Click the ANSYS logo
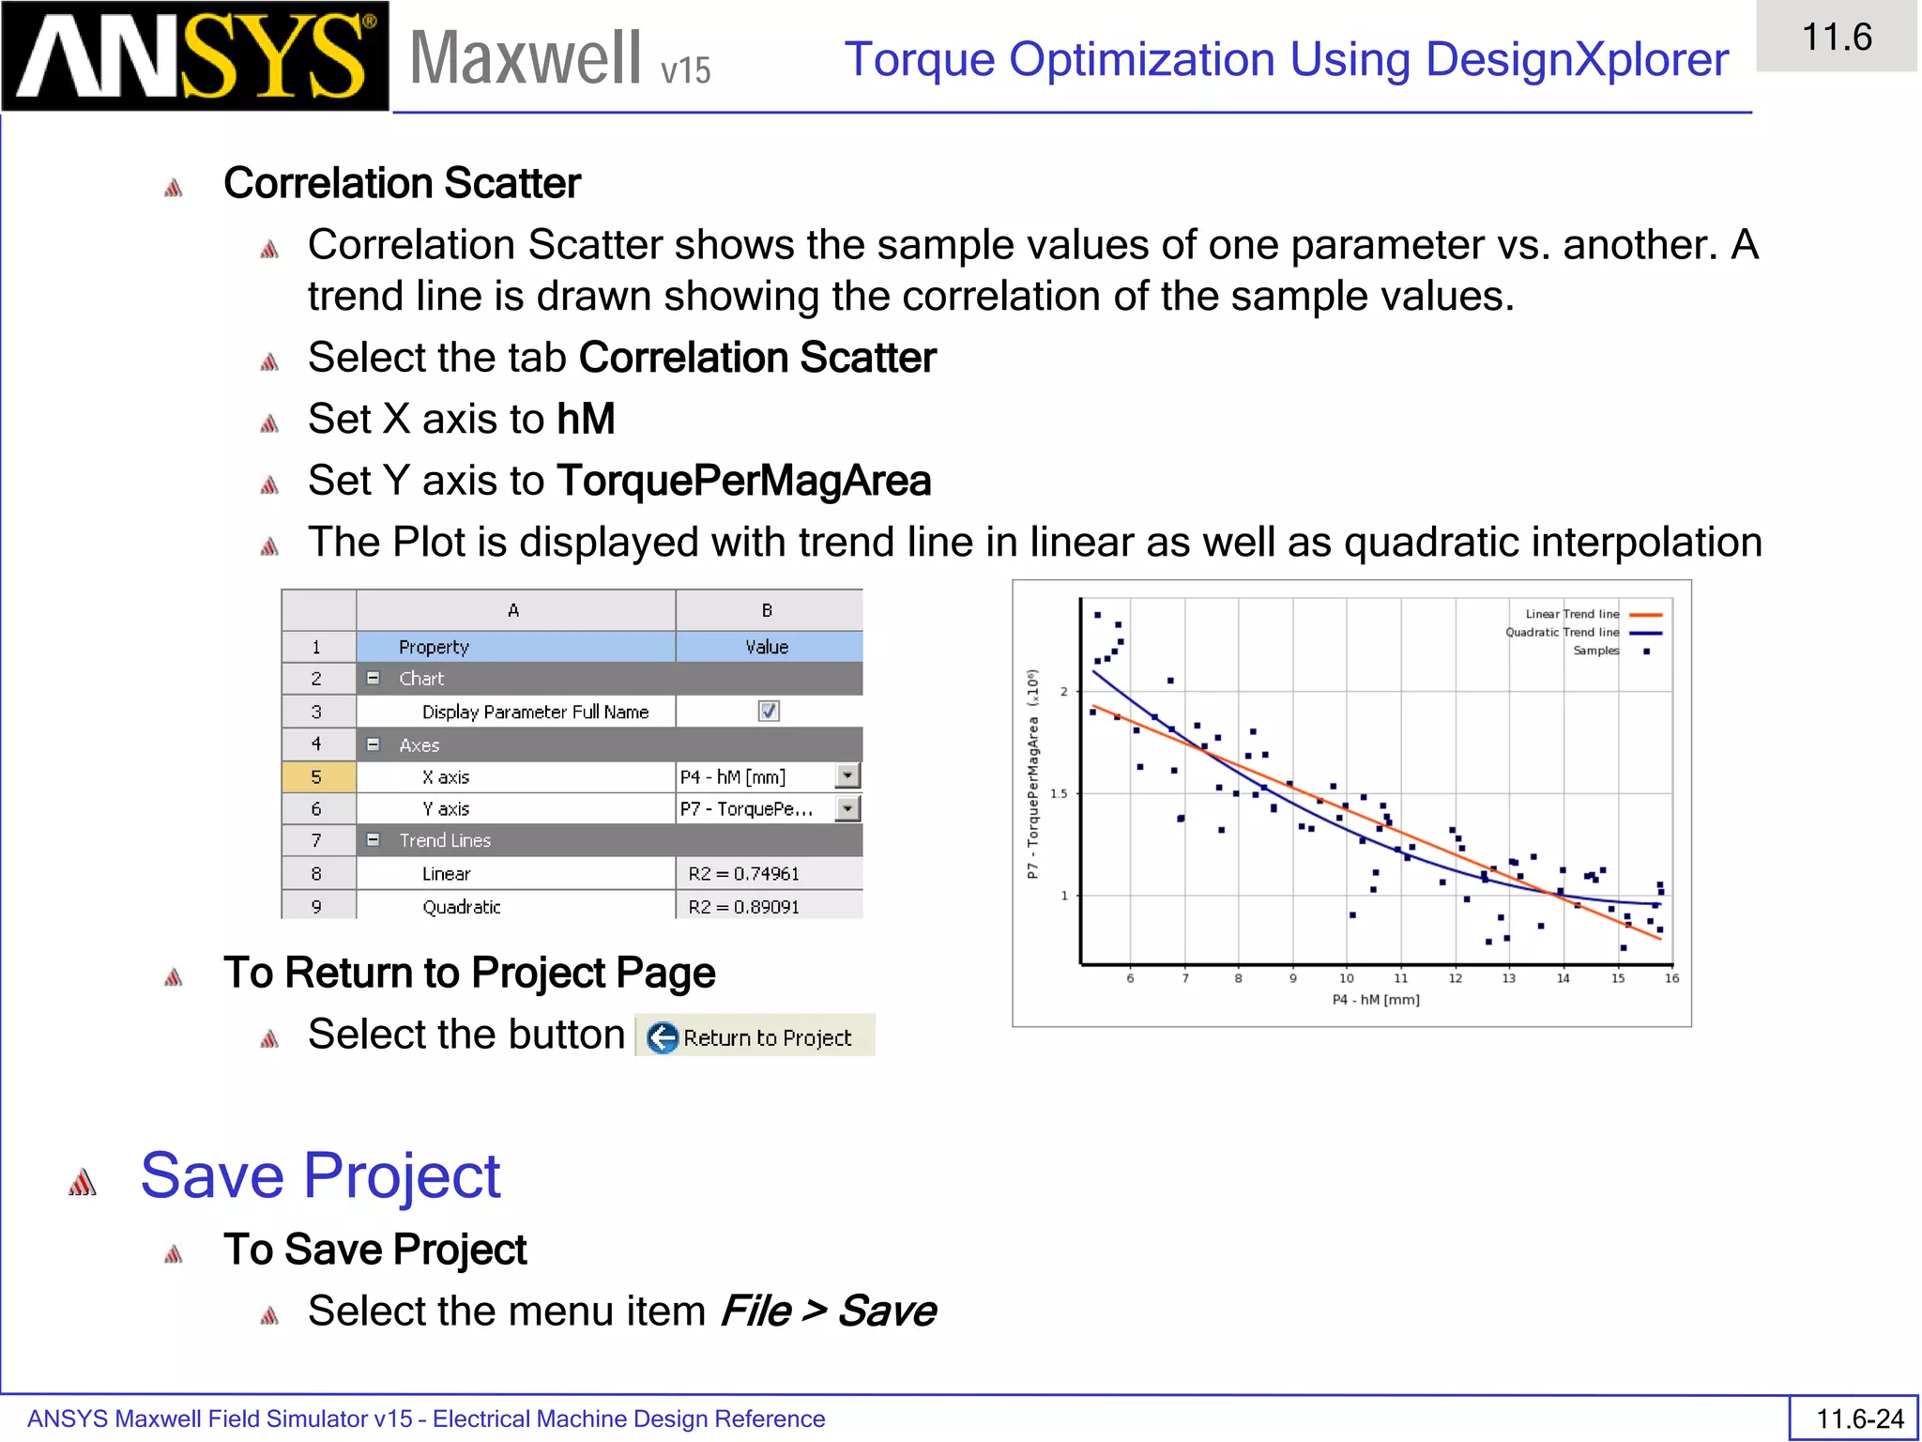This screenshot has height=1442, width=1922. tap(195, 56)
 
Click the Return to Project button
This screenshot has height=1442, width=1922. tap(755, 1036)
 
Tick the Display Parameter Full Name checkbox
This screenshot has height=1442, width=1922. tap(769, 712)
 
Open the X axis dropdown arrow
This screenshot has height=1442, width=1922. tap(847, 776)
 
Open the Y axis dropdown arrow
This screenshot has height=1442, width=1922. tap(847, 808)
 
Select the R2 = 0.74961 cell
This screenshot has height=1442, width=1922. tap(768, 874)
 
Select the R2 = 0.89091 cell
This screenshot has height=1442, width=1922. tap(768, 907)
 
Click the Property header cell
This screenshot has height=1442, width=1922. tap(515, 647)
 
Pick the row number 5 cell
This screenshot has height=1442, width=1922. tap(317, 777)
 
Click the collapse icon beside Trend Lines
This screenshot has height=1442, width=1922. tap(374, 840)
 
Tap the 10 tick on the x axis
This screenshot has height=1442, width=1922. tap(1346, 978)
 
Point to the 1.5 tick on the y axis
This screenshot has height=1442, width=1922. tap(1059, 793)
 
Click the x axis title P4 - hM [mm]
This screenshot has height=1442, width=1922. tap(1375, 1000)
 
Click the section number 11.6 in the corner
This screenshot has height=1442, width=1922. tap(1836, 38)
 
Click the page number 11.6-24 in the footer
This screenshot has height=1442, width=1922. tap(1859, 1419)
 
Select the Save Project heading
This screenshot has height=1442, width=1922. tap(320, 1175)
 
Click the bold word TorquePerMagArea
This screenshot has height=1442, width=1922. tap(743, 481)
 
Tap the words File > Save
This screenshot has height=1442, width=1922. tap(828, 1311)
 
